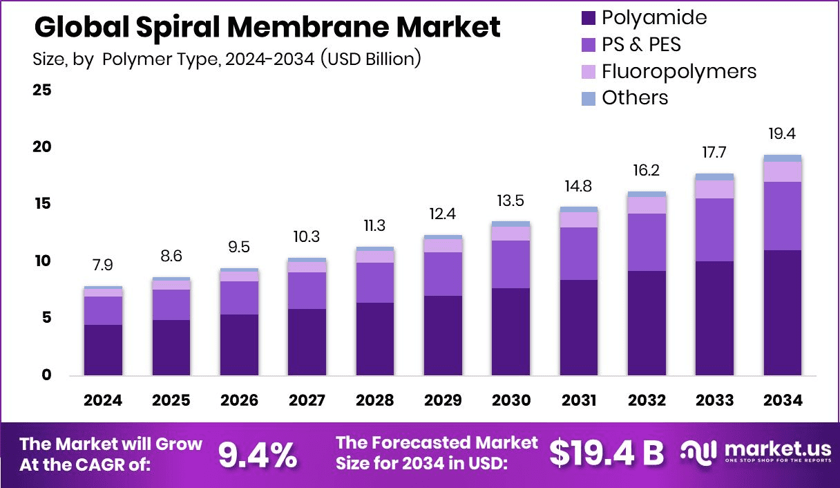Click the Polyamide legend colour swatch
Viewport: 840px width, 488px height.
tap(588, 18)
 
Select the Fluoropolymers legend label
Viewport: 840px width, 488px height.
tap(678, 71)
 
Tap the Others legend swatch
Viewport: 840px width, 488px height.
tap(588, 98)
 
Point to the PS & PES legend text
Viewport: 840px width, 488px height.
tap(641, 44)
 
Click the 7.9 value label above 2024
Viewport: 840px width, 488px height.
tap(102, 265)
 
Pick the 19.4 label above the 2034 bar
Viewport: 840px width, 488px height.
tap(782, 133)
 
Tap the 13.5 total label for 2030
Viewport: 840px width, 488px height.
tap(510, 200)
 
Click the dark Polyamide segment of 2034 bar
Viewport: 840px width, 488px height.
tap(782, 312)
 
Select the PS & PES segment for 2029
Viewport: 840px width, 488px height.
tap(443, 274)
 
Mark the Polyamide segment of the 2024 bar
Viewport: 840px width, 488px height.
tap(102, 350)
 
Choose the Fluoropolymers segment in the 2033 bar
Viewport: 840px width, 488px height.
tap(714, 189)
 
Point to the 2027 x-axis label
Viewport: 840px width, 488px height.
tap(307, 401)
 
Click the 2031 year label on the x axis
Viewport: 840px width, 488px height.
tap(578, 401)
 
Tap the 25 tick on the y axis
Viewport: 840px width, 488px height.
tap(41, 91)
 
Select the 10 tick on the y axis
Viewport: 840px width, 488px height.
tap(41, 261)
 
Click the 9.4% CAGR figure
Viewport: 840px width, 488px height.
tap(258, 454)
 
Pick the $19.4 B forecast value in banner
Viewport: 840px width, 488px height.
tap(606, 453)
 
